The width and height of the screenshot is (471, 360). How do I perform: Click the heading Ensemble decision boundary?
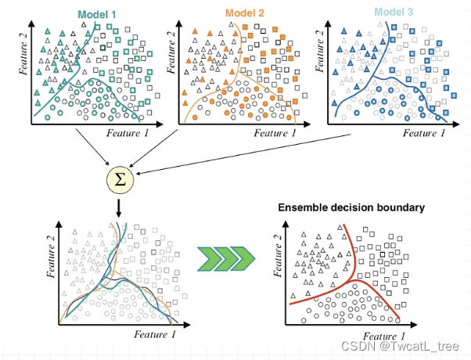point(352,208)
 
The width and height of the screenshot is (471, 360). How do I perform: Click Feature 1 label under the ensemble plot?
point(382,334)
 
